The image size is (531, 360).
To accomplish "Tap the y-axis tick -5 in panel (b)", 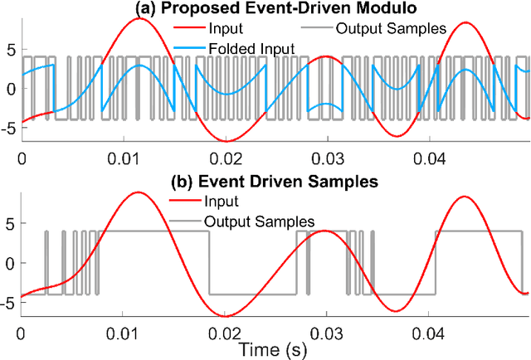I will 9,303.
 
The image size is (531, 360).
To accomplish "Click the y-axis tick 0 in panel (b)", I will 12,263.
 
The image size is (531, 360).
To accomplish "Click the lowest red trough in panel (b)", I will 225,316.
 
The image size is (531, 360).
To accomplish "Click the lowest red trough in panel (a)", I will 225,141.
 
